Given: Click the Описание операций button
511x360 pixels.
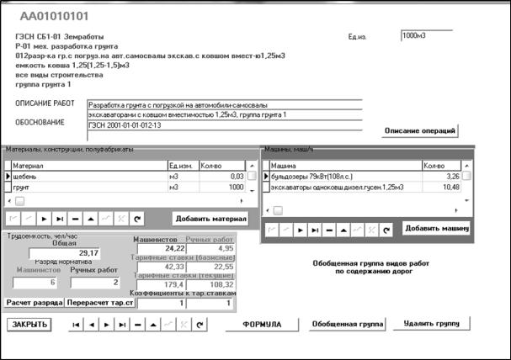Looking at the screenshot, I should (420, 131).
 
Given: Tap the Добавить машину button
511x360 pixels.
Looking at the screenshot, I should (436, 228).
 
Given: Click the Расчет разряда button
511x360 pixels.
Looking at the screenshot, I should (35, 301).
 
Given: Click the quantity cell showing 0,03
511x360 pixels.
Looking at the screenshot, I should (223, 177).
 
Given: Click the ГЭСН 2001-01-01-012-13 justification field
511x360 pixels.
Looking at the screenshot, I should (224, 124).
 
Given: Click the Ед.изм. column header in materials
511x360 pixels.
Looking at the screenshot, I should (184, 165).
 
